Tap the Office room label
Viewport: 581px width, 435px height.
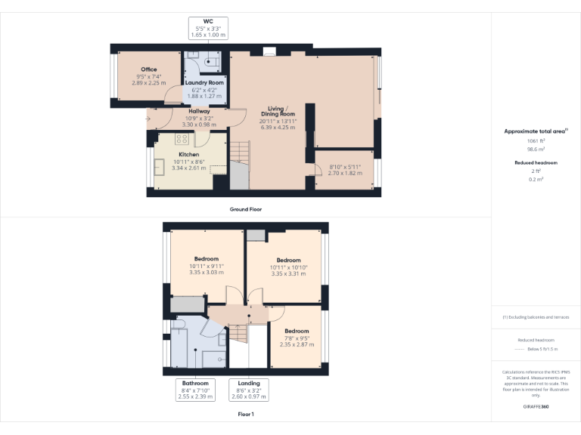[x=148, y=69]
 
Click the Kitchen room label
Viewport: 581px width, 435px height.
[x=189, y=154]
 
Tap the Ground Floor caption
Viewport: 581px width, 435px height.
[x=247, y=208]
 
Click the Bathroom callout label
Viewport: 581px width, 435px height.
[x=195, y=383]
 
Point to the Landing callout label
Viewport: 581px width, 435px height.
[x=249, y=383]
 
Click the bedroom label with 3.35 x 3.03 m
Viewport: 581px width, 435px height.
[x=207, y=259]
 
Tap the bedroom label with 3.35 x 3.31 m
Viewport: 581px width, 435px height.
[x=288, y=261]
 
